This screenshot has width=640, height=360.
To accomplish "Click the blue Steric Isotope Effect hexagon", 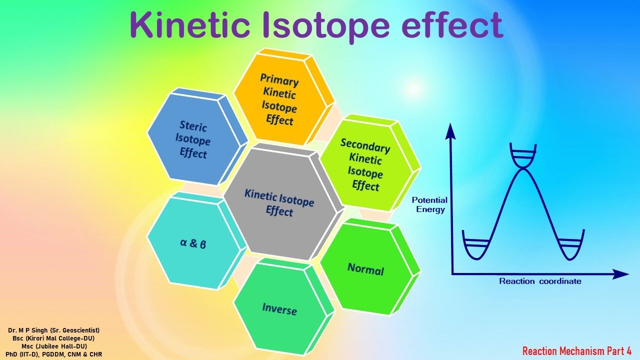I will tap(193, 139).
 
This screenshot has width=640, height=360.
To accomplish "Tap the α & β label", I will tap(192, 244).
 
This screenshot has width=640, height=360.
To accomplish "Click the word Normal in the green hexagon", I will tap(365, 270).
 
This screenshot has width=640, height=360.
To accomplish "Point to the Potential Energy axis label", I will tap(429, 204).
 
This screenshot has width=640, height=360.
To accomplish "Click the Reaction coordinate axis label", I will tap(540, 281).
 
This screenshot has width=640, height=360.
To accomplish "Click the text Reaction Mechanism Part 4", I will tap(577, 351).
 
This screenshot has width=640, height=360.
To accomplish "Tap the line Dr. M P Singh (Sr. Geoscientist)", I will tap(54, 330).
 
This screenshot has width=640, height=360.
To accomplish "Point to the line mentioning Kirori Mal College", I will tap(54, 338).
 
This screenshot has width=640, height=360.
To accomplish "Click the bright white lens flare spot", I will tap(414, 88).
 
